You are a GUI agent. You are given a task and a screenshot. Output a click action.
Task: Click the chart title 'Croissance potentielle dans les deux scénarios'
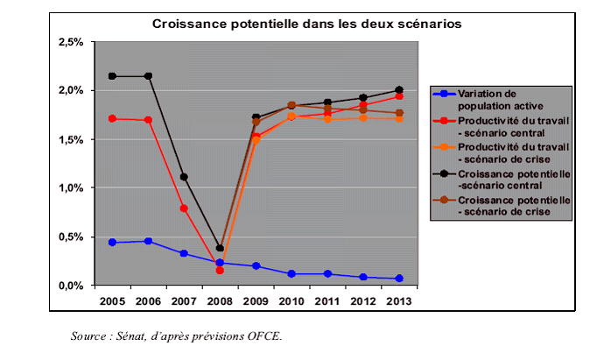click(x=306, y=24)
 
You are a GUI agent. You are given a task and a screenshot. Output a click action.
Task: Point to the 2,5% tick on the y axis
click(x=70, y=42)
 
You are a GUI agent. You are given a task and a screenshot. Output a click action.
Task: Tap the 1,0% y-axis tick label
click(x=70, y=188)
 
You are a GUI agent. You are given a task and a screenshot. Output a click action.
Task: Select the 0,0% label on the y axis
click(x=70, y=286)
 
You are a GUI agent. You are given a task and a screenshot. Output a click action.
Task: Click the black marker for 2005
click(x=112, y=76)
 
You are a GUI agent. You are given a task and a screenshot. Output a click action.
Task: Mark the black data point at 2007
click(x=184, y=177)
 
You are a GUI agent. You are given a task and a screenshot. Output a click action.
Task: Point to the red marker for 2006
click(x=148, y=120)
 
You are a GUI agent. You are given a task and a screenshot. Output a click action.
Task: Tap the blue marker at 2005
click(x=112, y=242)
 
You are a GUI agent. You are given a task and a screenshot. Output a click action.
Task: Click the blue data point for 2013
click(x=399, y=279)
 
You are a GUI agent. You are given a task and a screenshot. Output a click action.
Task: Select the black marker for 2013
click(x=399, y=90)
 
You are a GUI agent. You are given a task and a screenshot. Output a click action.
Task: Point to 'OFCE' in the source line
click(x=264, y=335)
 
